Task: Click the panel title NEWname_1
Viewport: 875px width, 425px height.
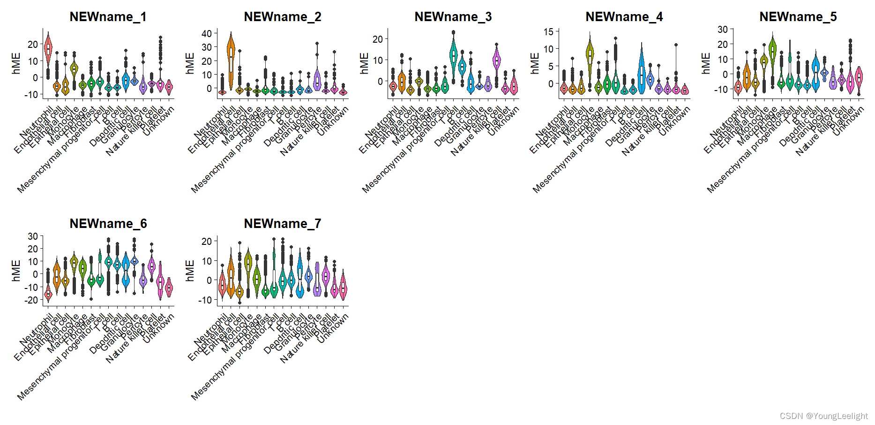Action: click(108, 17)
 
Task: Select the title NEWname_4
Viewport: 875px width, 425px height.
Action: click(624, 17)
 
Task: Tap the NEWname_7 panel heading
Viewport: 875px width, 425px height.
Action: click(282, 224)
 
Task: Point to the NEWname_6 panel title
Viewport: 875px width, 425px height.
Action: click(108, 224)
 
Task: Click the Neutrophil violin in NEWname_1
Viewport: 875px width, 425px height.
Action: click(48, 52)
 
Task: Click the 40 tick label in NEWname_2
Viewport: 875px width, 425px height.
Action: click(207, 33)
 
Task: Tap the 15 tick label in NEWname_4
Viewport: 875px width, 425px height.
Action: click(548, 32)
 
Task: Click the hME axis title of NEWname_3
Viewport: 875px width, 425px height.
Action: click(364, 63)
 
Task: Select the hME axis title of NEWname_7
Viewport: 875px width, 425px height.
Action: click(190, 271)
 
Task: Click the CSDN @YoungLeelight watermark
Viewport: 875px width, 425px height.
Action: click(823, 416)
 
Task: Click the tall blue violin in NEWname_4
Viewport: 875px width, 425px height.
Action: click(642, 70)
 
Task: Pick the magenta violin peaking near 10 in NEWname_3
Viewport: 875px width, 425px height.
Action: click(497, 61)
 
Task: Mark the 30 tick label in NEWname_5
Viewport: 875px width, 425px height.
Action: click(722, 30)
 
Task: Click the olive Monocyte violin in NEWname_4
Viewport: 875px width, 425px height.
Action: click(590, 54)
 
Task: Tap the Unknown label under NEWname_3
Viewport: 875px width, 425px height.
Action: click(503, 121)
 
